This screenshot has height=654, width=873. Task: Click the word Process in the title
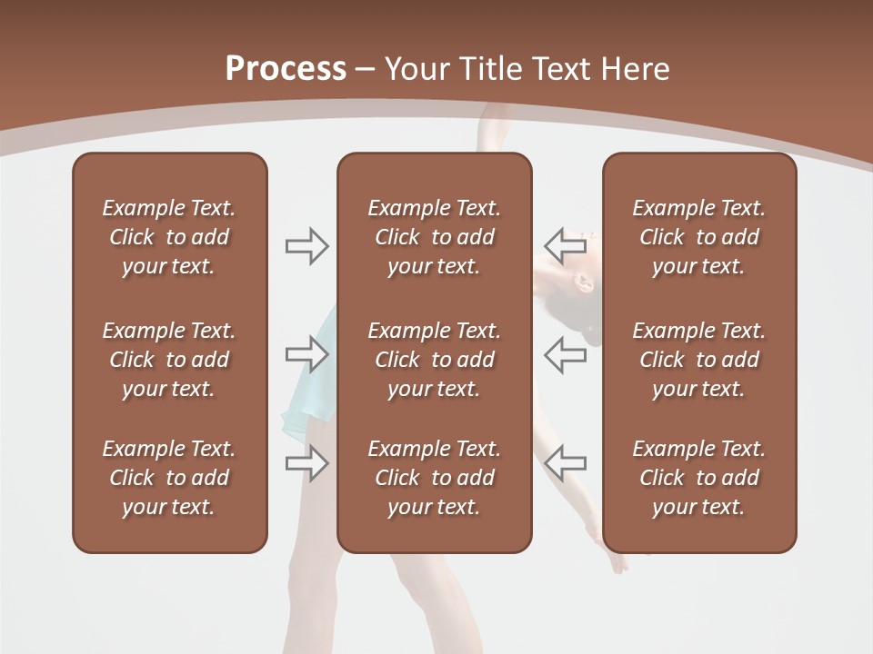(286, 69)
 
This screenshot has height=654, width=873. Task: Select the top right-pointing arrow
(307, 246)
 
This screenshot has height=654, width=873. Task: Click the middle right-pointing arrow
(307, 354)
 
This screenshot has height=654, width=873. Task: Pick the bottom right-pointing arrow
(307, 463)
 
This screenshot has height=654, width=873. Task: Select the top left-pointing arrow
(565, 245)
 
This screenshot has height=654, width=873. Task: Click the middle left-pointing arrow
(565, 354)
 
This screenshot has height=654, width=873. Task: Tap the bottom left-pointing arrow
(565, 462)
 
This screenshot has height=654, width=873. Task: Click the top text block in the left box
(169, 237)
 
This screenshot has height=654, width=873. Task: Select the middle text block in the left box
(169, 360)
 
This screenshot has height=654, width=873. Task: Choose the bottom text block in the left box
(169, 478)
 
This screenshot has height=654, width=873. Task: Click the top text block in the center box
(434, 237)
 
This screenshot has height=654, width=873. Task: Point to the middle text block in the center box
(434, 360)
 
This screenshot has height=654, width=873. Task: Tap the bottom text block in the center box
(434, 478)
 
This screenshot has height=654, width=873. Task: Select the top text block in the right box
(698, 237)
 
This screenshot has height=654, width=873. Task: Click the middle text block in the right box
(698, 360)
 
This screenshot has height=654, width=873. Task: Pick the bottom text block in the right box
(698, 478)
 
